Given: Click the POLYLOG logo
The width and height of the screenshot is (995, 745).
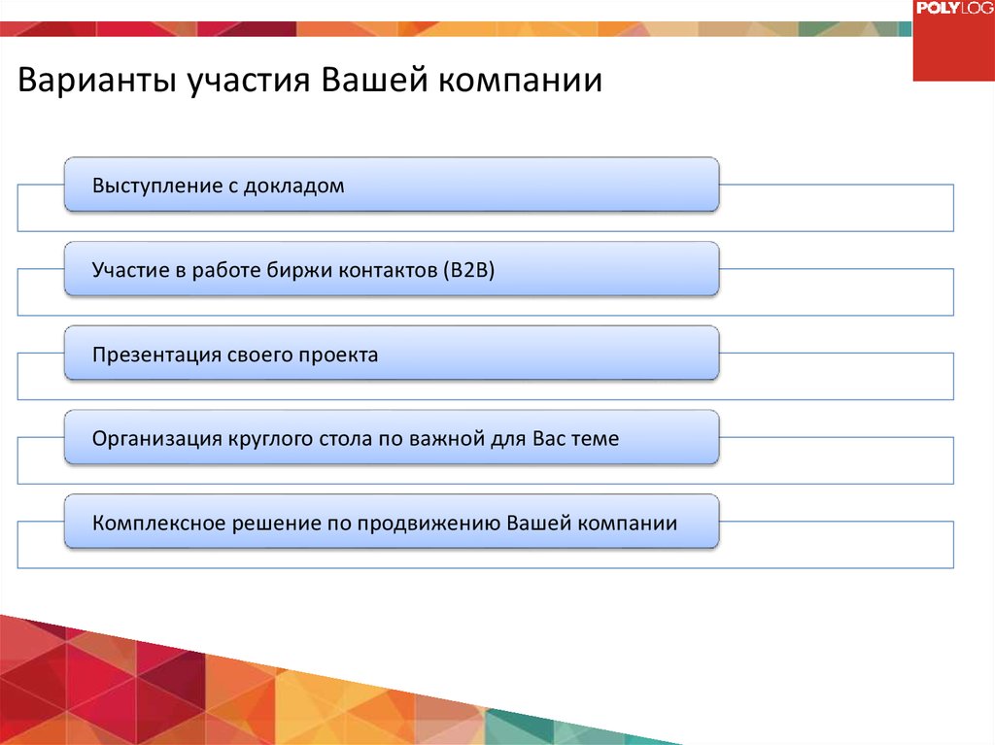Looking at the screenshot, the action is tap(954, 8).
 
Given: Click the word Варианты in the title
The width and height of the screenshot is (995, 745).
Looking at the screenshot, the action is tap(96, 81).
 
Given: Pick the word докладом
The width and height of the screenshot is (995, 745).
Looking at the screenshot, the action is tap(293, 186).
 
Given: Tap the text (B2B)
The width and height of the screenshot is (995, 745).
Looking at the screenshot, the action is tap(469, 270).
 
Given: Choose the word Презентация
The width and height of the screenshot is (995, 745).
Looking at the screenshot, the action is tap(156, 355).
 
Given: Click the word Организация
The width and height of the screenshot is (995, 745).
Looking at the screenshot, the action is tap(156, 438).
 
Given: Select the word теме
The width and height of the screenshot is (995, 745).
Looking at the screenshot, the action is tap(598, 438).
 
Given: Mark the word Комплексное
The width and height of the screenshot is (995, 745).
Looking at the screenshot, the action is tap(158, 523).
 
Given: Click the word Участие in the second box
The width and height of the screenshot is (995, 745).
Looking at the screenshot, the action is tap(131, 270).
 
